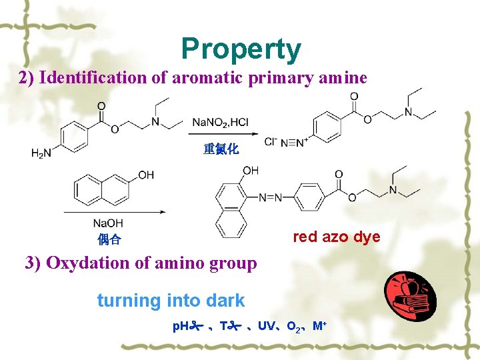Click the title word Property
tap(241, 49)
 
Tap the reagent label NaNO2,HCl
tap(220, 122)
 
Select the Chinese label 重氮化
tap(221, 149)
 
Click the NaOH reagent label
tap(108, 223)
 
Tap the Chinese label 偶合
tap(109, 239)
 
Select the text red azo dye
tap(337, 237)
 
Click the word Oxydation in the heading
tap(85, 263)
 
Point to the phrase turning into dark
tap(171, 301)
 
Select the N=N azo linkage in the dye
tap(270, 197)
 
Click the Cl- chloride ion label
tap(270, 142)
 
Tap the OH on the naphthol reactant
tap(145, 175)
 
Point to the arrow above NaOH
tap(113, 212)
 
